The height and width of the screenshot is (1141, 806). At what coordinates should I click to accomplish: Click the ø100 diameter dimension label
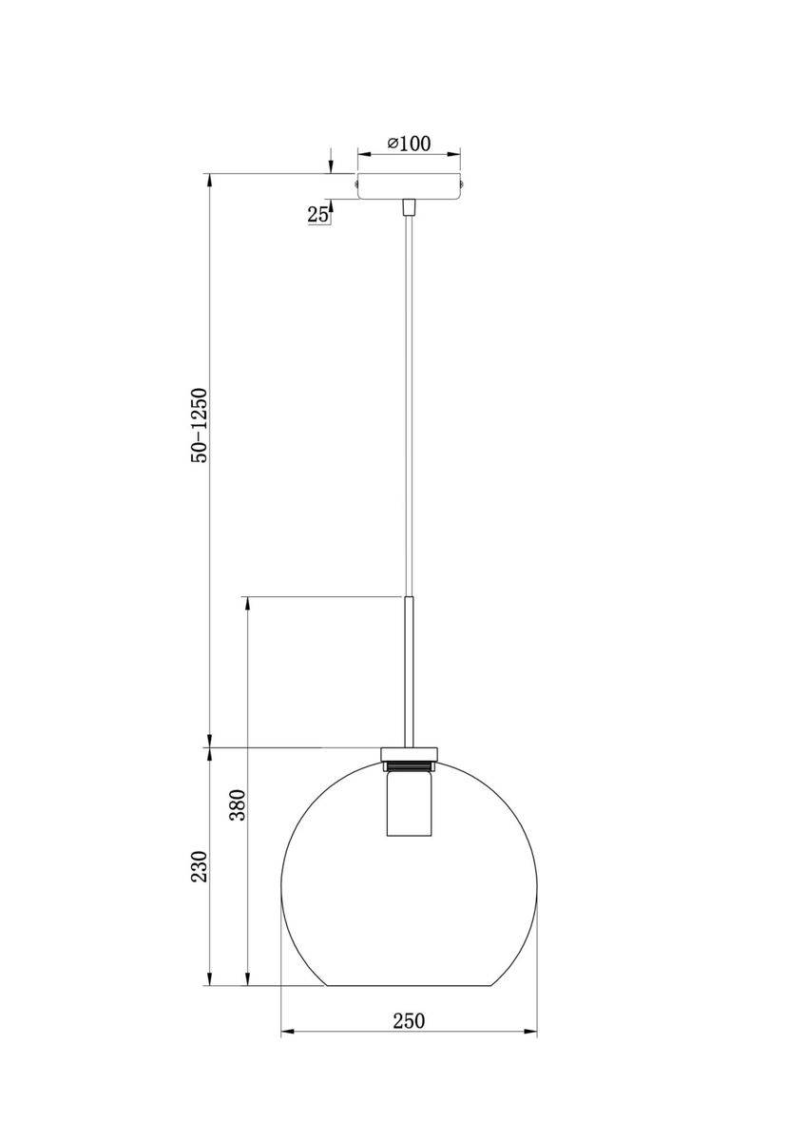(x=409, y=144)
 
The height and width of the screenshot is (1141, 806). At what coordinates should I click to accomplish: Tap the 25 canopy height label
(x=317, y=215)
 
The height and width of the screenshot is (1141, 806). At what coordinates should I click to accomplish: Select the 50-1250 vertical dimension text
(x=200, y=425)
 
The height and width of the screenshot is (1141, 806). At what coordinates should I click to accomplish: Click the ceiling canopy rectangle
(x=409, y=186)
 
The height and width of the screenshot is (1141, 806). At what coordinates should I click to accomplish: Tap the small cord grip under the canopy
(x=409, y=207)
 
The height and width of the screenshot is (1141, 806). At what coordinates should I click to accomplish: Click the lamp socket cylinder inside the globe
(x=409, y=804)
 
